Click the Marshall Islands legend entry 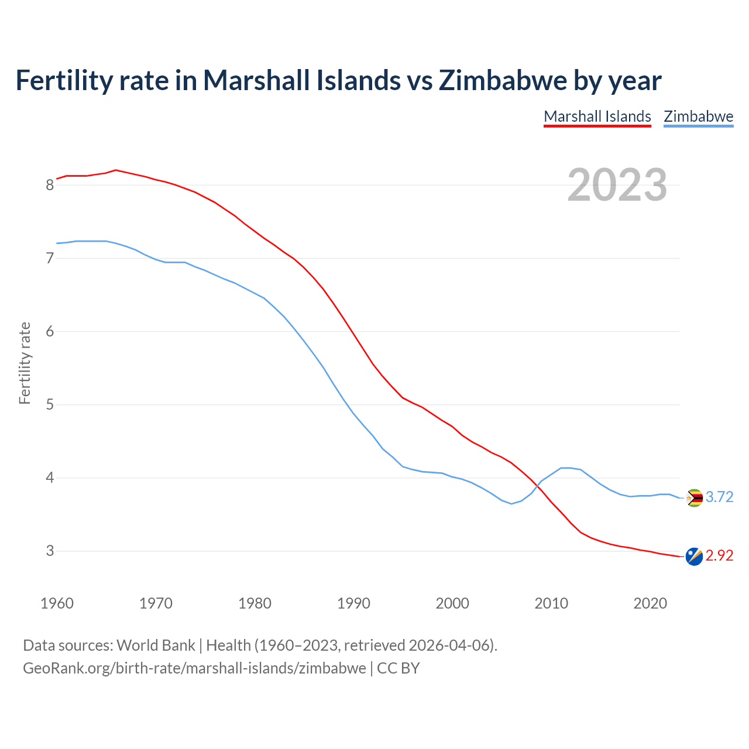coord(597,116)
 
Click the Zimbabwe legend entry coord(698,116)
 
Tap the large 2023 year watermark coord(617,185)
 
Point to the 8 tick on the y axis coord(50,185)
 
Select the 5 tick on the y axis coord(50,405)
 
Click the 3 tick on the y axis coord(50,551)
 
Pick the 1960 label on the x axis coord(57,603)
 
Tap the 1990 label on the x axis coord(353,603)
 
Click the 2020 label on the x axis coord(650,603)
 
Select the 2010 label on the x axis coord(551,603)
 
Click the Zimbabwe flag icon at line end coord(694,498)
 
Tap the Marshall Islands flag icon coord(694,556)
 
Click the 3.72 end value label coord(719,497)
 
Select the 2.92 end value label coord(719,556)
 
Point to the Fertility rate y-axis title coord(25,363)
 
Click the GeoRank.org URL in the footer coord(194,668)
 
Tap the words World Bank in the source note coord(156,645)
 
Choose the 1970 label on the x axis coord(156,603)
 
